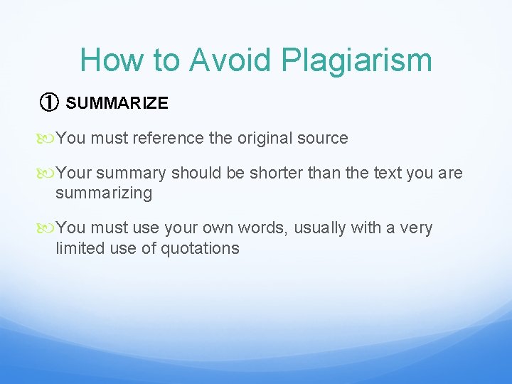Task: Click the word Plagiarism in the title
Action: tap(357, 60)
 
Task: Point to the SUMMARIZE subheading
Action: tap(117, 103)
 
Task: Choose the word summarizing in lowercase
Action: tap(104, 193)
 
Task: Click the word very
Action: tap(417, 228)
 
